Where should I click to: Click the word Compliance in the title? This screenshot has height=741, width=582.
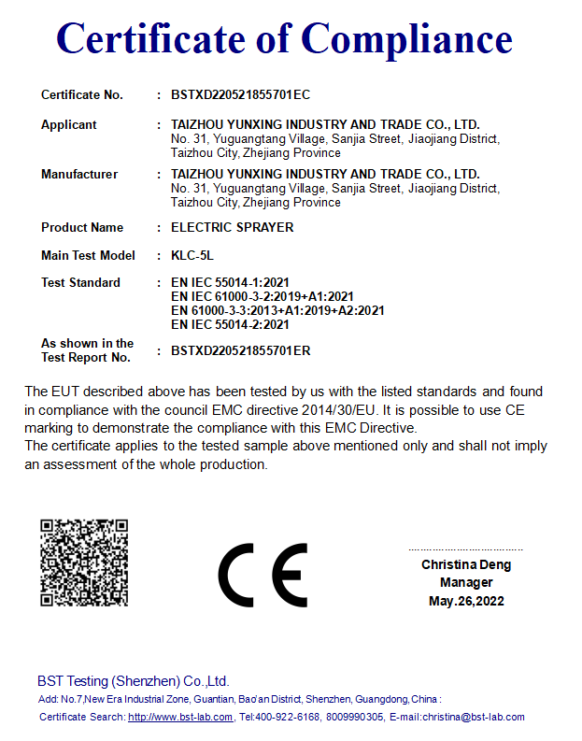[x=407, y=38]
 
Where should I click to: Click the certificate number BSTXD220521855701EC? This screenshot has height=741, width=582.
[x=241, y=94]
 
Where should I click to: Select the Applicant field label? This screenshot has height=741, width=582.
[x=69, y=124]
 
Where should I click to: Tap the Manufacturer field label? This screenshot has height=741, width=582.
[x=79, y=174]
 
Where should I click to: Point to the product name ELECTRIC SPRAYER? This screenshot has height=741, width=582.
[x=233, y=227]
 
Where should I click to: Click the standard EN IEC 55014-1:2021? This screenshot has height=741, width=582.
[x=231, y=282]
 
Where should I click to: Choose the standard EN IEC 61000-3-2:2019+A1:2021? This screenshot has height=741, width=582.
[x=263, y=296]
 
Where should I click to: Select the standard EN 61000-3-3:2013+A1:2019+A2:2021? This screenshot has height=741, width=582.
[x=277, y=310]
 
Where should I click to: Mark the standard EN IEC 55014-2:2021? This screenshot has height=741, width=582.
[x=231, y=324]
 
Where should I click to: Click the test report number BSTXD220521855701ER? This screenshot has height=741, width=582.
[x=241, y=350]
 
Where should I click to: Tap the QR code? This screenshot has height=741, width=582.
[x=84, y=563]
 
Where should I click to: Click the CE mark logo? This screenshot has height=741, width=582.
[x=263, y=575]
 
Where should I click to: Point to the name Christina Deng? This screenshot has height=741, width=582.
[x=466, y=564]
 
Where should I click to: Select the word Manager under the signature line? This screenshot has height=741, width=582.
[x=466, y=582]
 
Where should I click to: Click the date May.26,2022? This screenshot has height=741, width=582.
[x=466, y=601]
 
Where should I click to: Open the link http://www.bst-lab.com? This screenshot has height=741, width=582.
[x=180, y=717]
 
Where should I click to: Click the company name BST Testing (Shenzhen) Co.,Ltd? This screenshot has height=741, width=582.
[x=133, y=681]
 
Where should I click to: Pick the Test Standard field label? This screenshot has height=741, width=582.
[x=80, y=282]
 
